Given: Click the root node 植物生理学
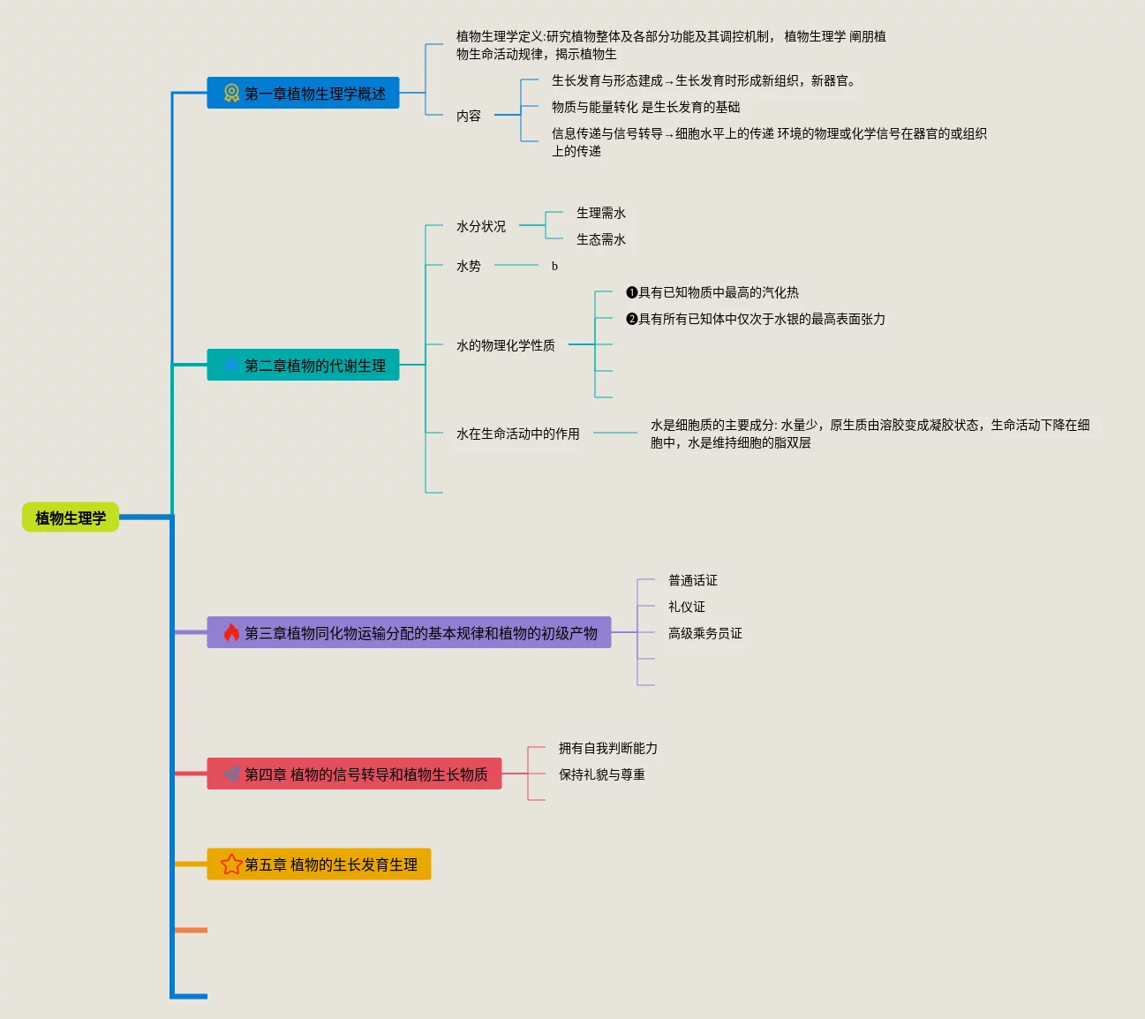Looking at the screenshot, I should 71,518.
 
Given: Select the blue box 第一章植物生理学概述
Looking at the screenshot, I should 303,93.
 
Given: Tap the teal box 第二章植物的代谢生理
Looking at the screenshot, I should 303,365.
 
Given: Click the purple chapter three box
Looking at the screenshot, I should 409,632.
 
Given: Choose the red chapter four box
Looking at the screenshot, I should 354,774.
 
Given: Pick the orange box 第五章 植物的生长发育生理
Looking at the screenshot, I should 319,864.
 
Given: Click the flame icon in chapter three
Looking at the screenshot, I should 231,632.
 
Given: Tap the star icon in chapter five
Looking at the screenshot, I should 231,864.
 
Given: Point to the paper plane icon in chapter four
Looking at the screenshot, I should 231,774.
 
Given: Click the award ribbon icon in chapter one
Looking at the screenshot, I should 231,93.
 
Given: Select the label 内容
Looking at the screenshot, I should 469,116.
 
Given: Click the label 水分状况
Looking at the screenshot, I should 481,226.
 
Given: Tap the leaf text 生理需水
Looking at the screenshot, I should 601,213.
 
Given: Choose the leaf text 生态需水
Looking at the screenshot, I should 601,239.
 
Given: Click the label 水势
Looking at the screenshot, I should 469,266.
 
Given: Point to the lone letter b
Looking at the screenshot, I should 554,266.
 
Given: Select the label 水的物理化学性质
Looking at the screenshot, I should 506,345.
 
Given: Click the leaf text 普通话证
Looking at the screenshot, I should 693,580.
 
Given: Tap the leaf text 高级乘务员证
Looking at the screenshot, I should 705,633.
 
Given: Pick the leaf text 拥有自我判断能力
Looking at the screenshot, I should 608,748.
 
